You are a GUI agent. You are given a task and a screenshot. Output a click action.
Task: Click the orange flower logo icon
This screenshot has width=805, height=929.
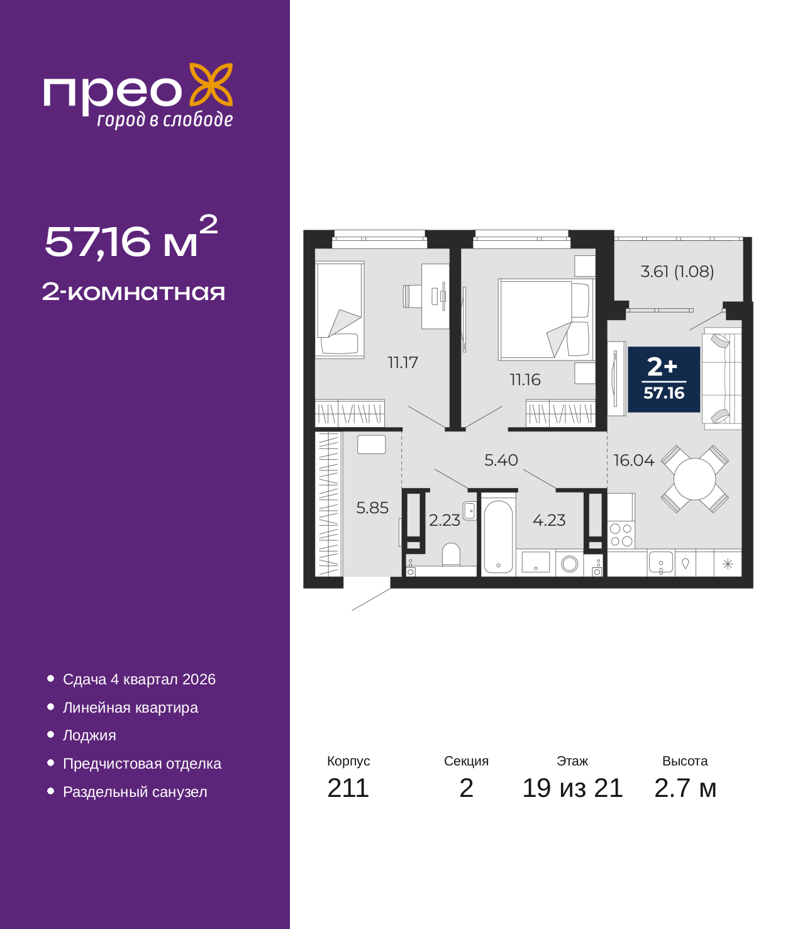tap(211, 84)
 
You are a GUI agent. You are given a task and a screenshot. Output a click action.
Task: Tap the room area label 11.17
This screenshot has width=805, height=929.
tap(402, 362)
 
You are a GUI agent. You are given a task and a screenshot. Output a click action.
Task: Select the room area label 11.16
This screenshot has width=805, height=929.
tap(525, 380)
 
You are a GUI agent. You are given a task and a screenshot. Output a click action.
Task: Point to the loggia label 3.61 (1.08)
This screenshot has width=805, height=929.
tap(677, 272)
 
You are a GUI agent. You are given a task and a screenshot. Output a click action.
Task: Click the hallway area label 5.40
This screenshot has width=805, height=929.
tap(501, 460)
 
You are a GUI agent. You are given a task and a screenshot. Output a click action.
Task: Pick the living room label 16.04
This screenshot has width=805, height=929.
tap(633, 460)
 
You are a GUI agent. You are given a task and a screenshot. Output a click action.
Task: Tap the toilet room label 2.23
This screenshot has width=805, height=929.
tap(444, 520)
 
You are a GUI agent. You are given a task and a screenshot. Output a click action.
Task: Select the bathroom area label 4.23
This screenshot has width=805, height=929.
tap(549, 520)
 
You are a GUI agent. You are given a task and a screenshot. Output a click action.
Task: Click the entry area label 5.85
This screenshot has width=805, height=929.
tap(372, 508)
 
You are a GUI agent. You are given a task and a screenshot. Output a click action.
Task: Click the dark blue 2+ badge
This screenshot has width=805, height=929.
tap(663, 379)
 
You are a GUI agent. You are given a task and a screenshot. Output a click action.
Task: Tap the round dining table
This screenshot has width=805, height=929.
tap(694, 479)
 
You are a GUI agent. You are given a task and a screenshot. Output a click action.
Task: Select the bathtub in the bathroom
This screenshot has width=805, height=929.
tap(498, 537)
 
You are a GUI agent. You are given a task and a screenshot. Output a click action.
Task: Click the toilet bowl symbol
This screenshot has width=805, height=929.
tap(451, 555)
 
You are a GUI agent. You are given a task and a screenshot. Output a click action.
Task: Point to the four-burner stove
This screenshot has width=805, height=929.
tap(621, 535)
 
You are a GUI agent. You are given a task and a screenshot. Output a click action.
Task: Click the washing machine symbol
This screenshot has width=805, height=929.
tap(570, 564)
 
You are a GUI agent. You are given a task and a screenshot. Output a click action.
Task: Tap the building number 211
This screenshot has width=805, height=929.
tap(348, 787)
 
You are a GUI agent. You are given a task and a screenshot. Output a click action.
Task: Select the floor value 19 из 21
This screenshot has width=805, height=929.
tap(572, 787)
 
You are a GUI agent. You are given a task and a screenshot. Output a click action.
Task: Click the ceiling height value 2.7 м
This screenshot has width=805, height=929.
tap(684, 787)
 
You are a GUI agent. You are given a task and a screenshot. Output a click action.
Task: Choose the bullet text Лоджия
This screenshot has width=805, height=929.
tap(89, 735)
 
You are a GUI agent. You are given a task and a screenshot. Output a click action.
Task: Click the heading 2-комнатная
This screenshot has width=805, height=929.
tap(133, 292)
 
